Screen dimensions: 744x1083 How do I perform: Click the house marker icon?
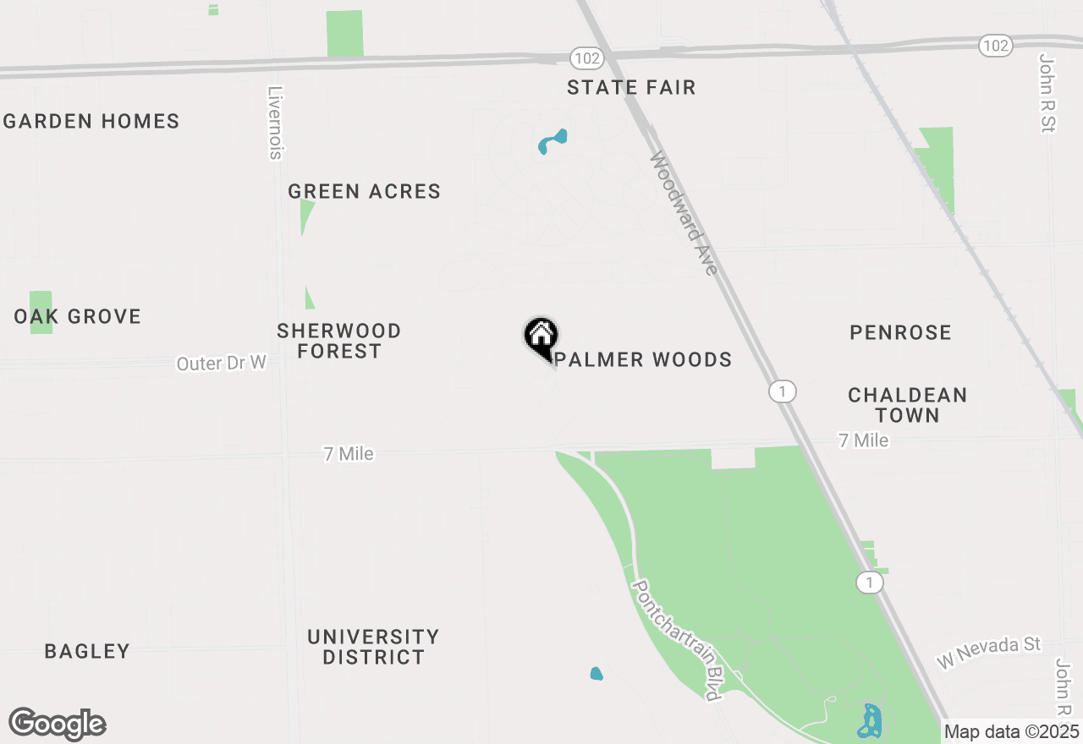tap(541, 336)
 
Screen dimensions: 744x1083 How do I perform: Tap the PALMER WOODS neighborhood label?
tap(644, 360)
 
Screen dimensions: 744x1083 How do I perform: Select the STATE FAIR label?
tap(631, 88)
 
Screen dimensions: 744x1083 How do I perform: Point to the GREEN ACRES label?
tap(365, 192)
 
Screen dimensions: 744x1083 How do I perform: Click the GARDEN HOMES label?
tap(91, 122)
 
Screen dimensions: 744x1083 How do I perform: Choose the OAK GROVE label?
tap(78, 317)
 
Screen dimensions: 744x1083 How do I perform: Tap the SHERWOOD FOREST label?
tap(339, 341)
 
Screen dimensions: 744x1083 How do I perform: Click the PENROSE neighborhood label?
tap(900, 333)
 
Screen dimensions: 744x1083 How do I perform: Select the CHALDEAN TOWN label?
tap(907, 405)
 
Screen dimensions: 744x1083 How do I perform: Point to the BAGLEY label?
tap(87, 652)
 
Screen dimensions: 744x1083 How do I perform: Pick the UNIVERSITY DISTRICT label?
tap(373, 647)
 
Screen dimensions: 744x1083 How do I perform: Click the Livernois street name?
tap(274, 123)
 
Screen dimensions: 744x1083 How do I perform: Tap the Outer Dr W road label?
tap(222, 364)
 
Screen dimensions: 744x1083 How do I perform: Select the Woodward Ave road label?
tap(684, 213)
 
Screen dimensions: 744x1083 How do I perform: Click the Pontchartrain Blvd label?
tap(677, 639)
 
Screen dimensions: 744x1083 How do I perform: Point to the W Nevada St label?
tap(988, 653)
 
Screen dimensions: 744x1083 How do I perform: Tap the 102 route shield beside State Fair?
tap(586, 58)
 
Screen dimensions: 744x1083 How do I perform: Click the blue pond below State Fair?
tap(552, 140)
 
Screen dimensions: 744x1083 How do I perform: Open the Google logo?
tap(58, 725)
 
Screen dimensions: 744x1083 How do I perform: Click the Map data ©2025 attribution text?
tap(1012, 731)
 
